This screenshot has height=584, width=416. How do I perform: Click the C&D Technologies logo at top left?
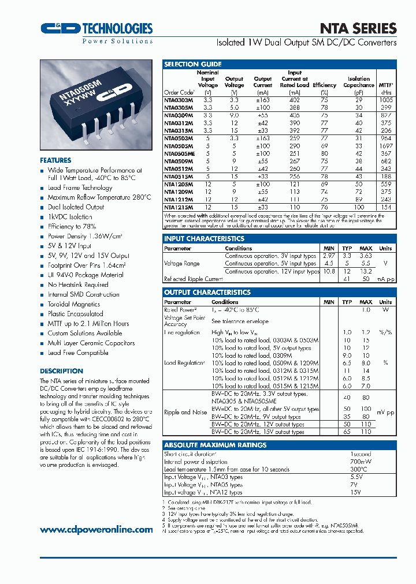[x=96, y=30]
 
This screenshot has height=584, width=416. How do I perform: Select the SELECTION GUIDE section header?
[x=192, y=64]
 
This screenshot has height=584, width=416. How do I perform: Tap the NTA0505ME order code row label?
[x=179, y=154]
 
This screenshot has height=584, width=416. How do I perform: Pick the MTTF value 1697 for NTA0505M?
[x=386, y=147]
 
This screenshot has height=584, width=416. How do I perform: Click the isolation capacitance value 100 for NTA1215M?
[x=359, y=207]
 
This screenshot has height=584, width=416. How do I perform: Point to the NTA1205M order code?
[x=179, y=184]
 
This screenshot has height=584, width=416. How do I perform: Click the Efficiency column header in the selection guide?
[x=324, y=85]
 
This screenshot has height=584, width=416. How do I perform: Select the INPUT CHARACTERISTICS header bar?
[x=204, y=238]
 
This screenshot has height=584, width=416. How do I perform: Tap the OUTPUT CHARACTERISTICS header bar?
[x=207, y=293]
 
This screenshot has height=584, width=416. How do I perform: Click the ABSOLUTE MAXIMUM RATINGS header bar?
[x=215, y=445]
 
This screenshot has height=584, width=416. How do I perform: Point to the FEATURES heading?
[x=55, y=160]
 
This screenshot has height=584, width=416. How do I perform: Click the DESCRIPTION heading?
[x=61, y=371]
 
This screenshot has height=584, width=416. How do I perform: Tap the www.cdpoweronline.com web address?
[x=96, y=529]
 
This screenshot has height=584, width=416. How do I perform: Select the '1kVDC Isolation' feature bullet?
[x=70, y=217]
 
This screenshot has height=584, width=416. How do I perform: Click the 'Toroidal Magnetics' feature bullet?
[x=73, y=304]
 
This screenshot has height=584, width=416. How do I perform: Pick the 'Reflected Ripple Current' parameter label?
[x=193, y=279]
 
